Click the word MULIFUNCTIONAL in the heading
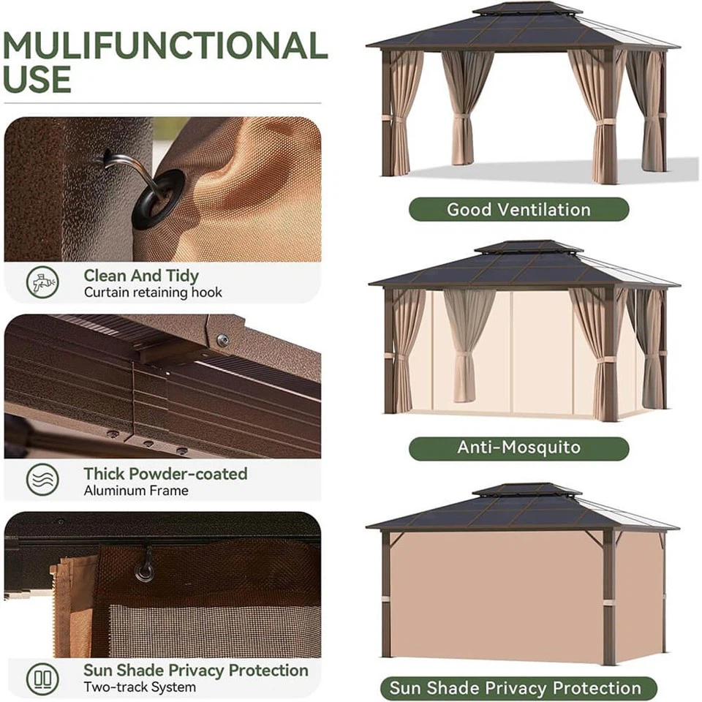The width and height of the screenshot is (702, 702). (165, 46)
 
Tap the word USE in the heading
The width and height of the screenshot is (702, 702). (37, 79)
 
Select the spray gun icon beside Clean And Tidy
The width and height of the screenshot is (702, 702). (42, 282)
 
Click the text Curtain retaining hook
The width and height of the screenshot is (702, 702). (153, 292)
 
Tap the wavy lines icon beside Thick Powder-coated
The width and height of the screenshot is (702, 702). (42, 480)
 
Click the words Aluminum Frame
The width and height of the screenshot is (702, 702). (136, 491)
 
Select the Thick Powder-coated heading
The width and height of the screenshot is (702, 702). (165, 473)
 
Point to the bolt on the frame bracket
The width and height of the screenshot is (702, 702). (223, 339)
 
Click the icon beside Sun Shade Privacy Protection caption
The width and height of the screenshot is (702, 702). (42, 678)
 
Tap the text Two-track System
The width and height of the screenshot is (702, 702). (140, 687)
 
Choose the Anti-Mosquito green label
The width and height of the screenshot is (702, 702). (518, 448)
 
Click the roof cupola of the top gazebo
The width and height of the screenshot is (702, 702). (527, 10)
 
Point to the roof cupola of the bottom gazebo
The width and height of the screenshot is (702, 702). (526, 490)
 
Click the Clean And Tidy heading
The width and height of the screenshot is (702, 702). (141, 276)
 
